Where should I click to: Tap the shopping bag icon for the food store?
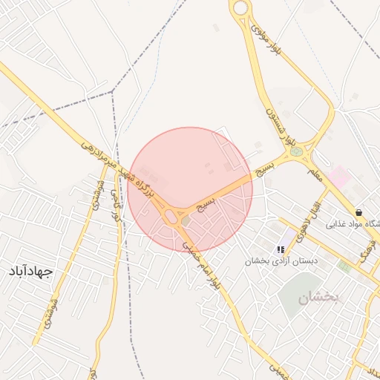point(359,212)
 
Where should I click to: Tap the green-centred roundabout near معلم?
point(297,153)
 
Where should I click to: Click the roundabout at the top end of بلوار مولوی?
point(240,8)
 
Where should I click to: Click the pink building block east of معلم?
point(339,177)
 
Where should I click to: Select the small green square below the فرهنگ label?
point(344,265)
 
